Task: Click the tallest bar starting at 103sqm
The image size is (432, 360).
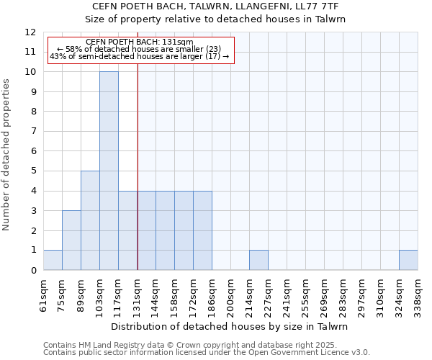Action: (x=109, y=171)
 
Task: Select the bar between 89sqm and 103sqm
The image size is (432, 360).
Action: (x=90, y=220)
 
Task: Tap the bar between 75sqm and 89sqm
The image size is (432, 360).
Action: (x=71, y=240)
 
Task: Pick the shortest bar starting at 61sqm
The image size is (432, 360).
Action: (x=53, y=260)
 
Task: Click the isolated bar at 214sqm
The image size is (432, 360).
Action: (x=258, y=260)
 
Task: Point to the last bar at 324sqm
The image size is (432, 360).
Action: (x=408, y=260)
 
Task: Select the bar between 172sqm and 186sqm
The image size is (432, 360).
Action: (x=202, y=230)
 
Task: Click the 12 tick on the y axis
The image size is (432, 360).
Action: (x=30, y=32)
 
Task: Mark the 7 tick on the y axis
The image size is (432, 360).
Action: (x=33, y=131)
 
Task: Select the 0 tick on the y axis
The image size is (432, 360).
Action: (x=33, y=270)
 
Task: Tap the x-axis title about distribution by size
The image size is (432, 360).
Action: (x=230, y=326)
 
